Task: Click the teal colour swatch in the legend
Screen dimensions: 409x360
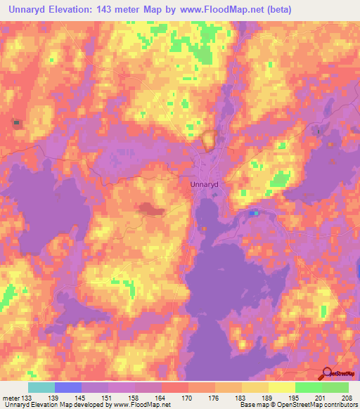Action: (x=41, y=387)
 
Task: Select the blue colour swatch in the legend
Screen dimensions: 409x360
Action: (x=68, y=387)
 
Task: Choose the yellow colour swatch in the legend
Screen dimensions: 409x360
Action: (x=282, y=387)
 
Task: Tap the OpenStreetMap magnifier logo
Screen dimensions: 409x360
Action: (x=327, y=373)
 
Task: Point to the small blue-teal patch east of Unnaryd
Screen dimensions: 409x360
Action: (x=255, y=213)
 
